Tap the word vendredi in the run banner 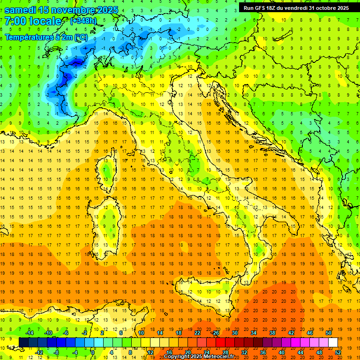pyautogui.click(x=293, y=8)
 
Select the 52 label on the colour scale pyautogui.click(x=338, y=352)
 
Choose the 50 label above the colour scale pyautogui.click(x=329, y=332)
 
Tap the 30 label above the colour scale pyautogui.click(x=235, y=332)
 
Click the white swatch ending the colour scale pyautogui.click(x=333, y=342)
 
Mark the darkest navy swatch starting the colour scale pyautogui.click(x=23, y=342)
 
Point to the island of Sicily pyautogui.click(x=206, y=293)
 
